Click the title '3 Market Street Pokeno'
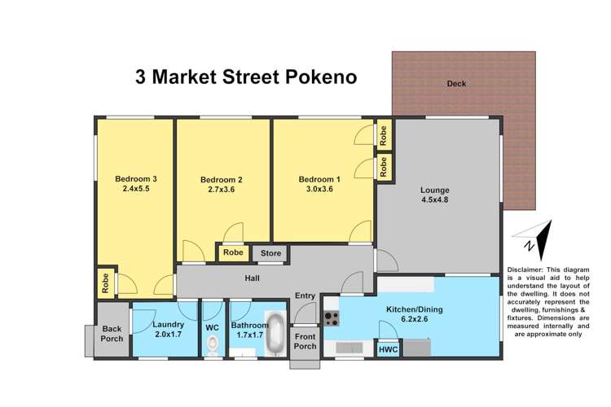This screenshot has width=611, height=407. click(245, 78)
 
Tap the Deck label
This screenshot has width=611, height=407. click(455, 84)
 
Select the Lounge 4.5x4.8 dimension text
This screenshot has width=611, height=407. click(435, 202)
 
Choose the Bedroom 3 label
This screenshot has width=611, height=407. click(135, 178)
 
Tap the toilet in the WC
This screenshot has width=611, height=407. click(212, 344)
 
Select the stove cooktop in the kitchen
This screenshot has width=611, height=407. click(332, 318)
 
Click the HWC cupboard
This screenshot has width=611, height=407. click(388, 349)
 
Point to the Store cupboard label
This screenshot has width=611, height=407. click(270, 254)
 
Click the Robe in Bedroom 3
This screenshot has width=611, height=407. click(106, 282)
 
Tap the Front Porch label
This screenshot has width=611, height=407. click(305, 341)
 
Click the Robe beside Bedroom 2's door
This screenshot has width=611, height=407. click(232, 254)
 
